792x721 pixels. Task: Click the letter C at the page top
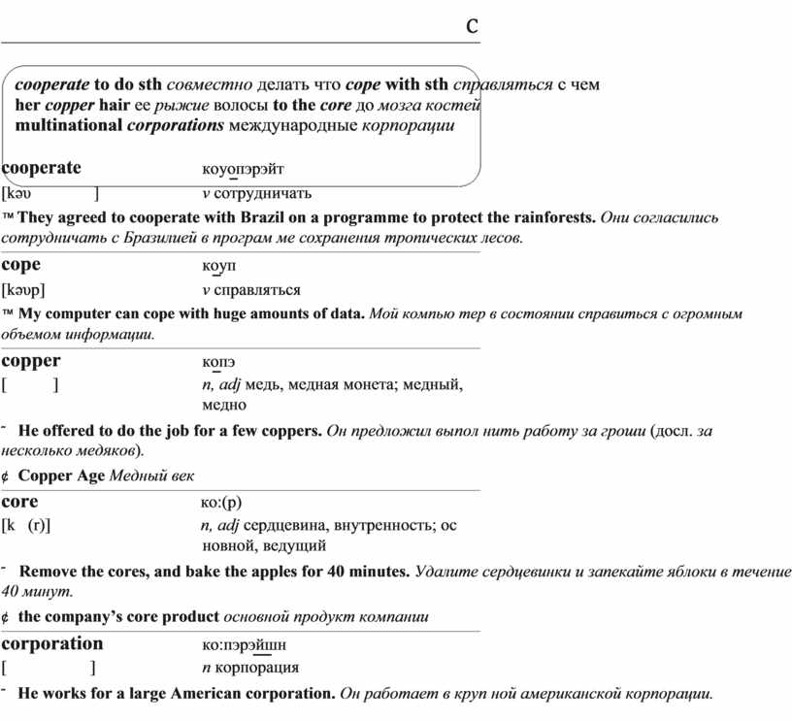click(x=471, y=26)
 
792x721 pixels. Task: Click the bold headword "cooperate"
click(x=42, y=167)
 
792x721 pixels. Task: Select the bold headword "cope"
click(x=21, y=264)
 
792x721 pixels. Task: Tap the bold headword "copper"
click(x=31, y=361)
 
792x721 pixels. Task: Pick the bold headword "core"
click(x=20, y=502)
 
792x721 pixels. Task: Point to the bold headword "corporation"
click(x=52, y=643)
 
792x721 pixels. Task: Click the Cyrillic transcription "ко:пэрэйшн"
click(x=244, y=645)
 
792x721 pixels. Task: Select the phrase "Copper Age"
click(x=62, y=475)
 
